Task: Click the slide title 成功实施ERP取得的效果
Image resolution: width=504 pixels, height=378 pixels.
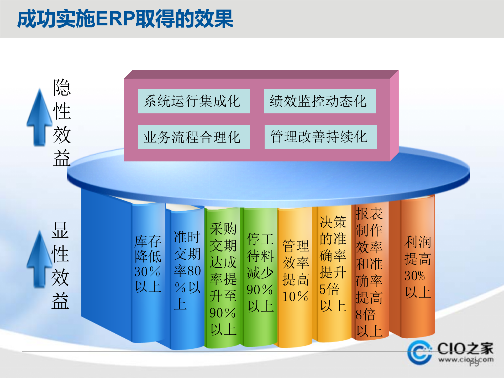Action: (x=125, y=19)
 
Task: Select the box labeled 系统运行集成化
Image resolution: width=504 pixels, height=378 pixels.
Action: (x=193, y=101)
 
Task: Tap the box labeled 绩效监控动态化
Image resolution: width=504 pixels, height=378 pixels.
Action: (x=320, y=101)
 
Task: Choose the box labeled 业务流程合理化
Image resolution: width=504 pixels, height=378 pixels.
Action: (x=194, y=137)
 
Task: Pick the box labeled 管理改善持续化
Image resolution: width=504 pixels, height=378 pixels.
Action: (x=320, y=137)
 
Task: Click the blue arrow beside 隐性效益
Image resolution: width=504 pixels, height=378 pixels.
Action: (x=40, y=118)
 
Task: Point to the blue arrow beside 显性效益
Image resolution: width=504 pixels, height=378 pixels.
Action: (x=40, y=260)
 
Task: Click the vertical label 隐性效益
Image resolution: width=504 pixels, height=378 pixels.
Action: (x=62, y=123)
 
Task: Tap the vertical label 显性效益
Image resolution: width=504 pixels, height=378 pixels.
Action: (x=61, y=266)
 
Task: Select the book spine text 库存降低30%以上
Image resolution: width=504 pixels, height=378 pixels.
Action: (x=148, y=264)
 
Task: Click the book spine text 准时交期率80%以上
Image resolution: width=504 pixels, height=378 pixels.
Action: (x=187, y=270)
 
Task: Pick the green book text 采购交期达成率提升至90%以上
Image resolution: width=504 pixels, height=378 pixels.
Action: (x=223, y=279)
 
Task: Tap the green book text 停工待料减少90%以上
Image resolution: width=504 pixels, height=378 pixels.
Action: (x=260, y=272)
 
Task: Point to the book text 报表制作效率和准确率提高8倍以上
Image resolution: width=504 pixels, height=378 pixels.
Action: (x=369, y=272)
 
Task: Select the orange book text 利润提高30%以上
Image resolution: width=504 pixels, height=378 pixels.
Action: (x=418, y=267)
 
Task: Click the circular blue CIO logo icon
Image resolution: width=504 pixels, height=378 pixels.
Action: (x=419, y=352)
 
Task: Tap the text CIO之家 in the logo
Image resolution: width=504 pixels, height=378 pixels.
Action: (x=465, y=349)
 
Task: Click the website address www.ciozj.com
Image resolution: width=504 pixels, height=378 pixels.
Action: (x=466, y=360)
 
